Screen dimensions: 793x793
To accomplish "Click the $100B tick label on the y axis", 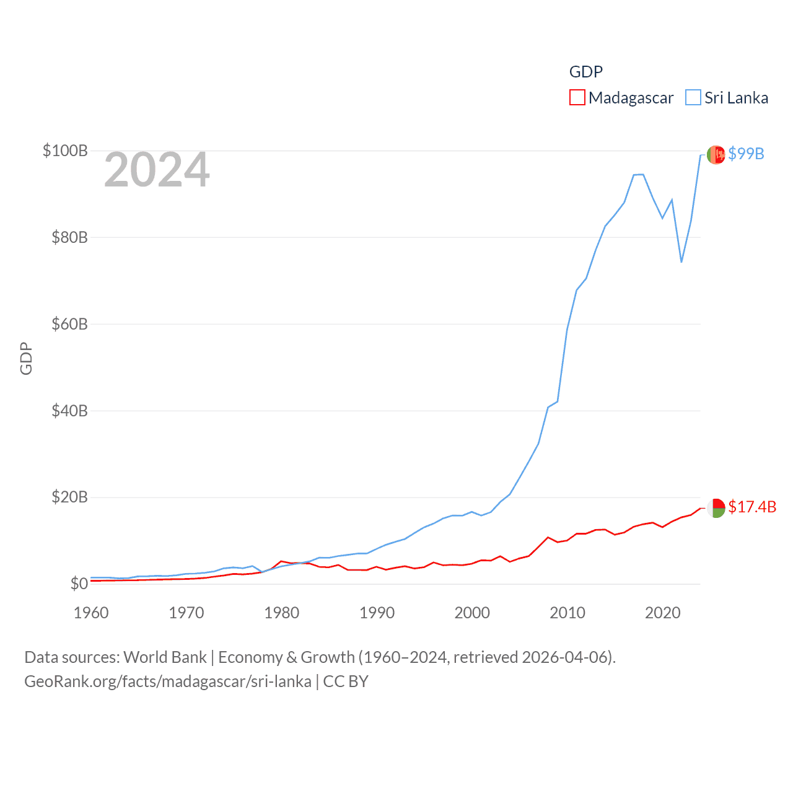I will pos(65,151).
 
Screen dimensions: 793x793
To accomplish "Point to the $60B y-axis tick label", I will pos(69,324).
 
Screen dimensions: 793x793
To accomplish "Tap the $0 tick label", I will pos(79,584).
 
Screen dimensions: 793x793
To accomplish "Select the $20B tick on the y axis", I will pos(69,497).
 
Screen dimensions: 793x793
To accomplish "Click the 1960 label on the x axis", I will pos(91,613).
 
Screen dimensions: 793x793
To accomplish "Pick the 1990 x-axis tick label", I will pos(377,613).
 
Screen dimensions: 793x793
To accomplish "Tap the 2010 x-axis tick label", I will pos(567,613).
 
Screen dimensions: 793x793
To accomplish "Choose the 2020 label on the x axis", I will pos(663,613).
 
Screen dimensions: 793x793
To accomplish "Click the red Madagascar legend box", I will pos(577,98).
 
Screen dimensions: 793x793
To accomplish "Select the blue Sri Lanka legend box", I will pos(693,98).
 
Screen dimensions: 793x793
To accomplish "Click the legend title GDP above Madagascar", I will pos(585,72).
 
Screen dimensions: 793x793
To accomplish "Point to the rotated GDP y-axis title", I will pos(26,358).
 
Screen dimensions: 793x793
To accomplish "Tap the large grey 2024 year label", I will pos(157,170).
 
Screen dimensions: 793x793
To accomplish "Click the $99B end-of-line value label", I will pos(746,154).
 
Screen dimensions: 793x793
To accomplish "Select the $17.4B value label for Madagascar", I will pos(752,507).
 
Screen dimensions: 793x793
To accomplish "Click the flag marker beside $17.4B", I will pos(716,508).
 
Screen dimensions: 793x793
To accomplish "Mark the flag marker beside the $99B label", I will pos(716,155).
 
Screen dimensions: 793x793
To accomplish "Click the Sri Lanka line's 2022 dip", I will pos(681,261).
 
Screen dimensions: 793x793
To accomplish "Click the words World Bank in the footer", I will pos(165,657).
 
